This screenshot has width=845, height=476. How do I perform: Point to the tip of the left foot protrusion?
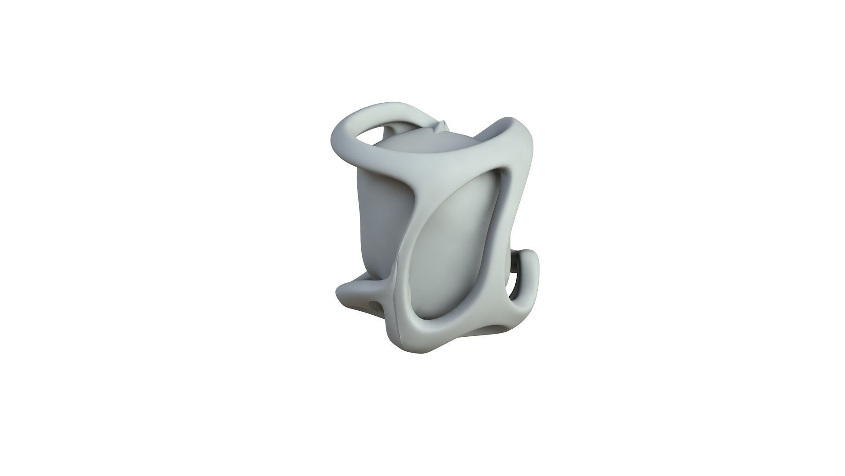(x=341, y=293)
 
